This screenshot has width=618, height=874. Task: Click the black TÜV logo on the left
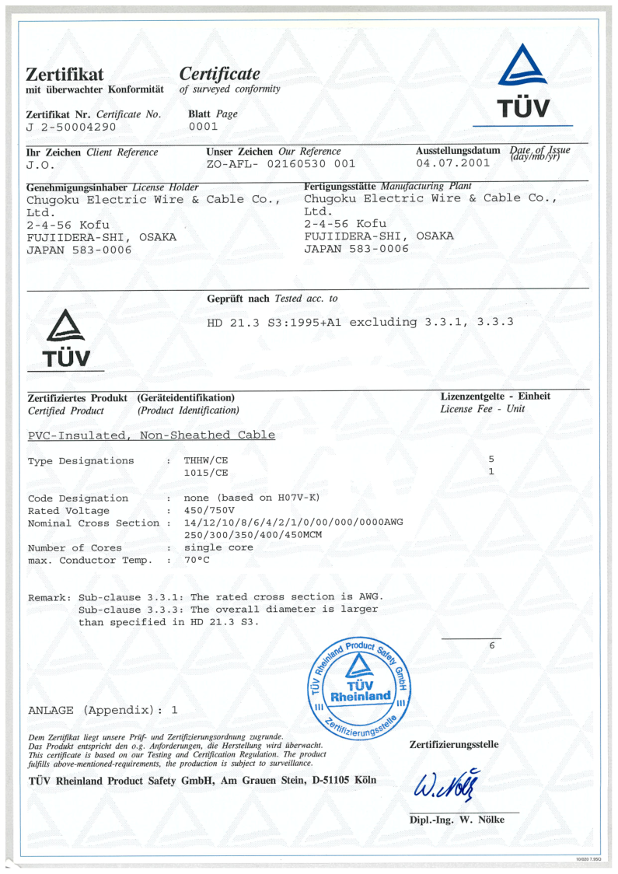[x=66, y=338]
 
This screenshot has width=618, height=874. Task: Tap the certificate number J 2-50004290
[x=72, y=126]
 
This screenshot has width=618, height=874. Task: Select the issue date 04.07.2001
[x=453, y=163]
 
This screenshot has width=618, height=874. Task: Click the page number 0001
[x=204, y=126]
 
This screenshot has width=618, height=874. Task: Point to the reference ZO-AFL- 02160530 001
[x=281, y=164]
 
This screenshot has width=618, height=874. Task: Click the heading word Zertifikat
[x=65, y=75]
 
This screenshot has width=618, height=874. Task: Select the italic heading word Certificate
[x=219, y=74]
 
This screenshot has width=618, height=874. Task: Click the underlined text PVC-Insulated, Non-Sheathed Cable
[x=152, y=435]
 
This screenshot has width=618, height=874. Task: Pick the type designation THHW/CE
[x=206, y=460]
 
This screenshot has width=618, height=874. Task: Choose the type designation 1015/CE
[x=206, y=472]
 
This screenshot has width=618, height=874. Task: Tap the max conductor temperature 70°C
[x=197, y=560]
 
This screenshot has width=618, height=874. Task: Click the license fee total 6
[x=491, y=646]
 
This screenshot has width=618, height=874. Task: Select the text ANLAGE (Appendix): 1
[x=103, y=710]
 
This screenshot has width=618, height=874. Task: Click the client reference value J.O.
[x=40, y=165]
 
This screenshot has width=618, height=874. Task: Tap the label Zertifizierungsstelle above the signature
[x=454, y=745]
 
